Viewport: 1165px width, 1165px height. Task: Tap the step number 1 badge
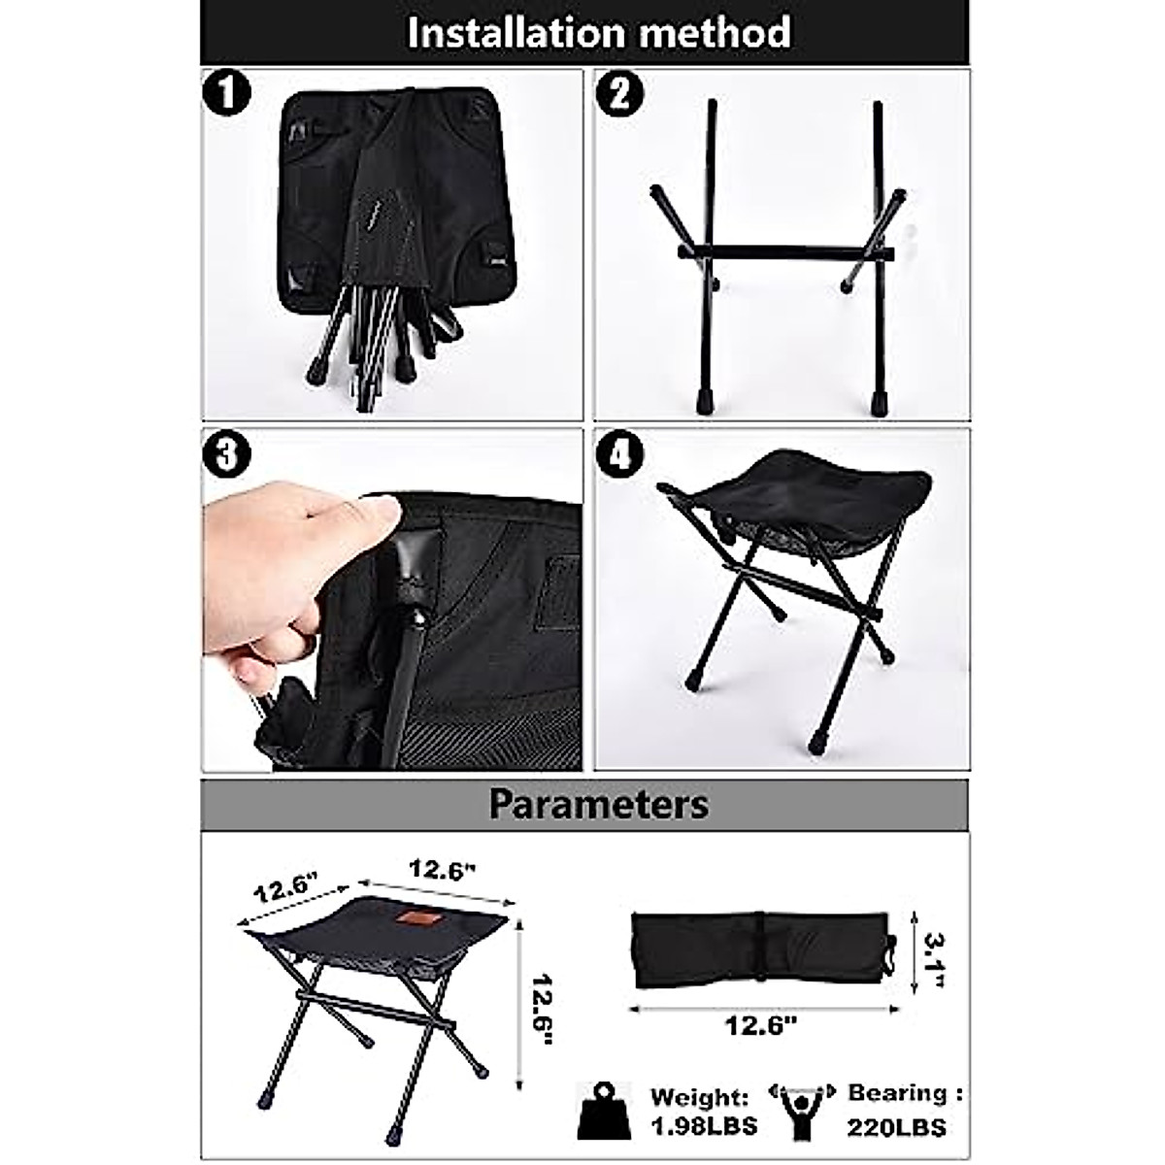(x=227, y=94)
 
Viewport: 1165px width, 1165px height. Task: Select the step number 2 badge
(x=619, y=94)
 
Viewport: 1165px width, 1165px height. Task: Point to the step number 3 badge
(x=227, y=454)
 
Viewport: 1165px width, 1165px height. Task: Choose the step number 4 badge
(x=619, y=454)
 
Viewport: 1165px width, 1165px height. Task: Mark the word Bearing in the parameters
(x=898, y=1092)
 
